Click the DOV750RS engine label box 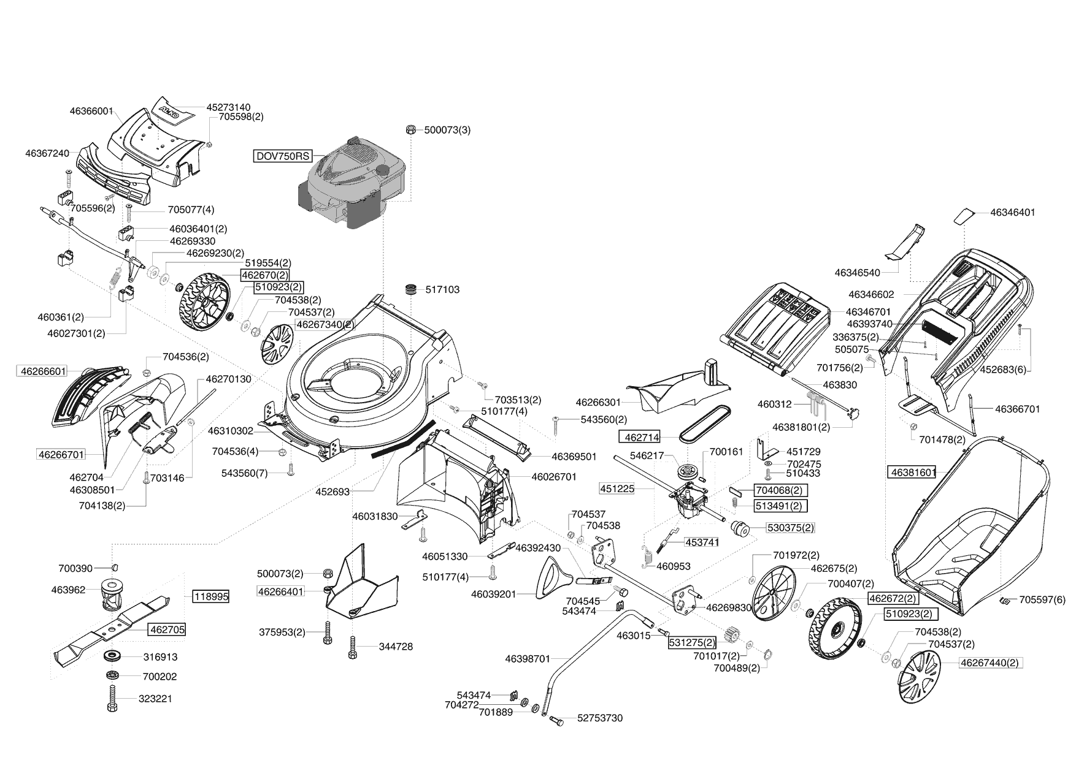point(283,156)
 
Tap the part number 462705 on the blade point(166,629)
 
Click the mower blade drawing point(117,628)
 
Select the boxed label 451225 point(617,488)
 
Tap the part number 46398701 point(528,659)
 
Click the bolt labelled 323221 point(112,698)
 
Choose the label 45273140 point(228,107)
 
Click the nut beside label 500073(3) point(411,130)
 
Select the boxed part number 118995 point(211,596)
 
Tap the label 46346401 point(1012,213)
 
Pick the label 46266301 point(598,403)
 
